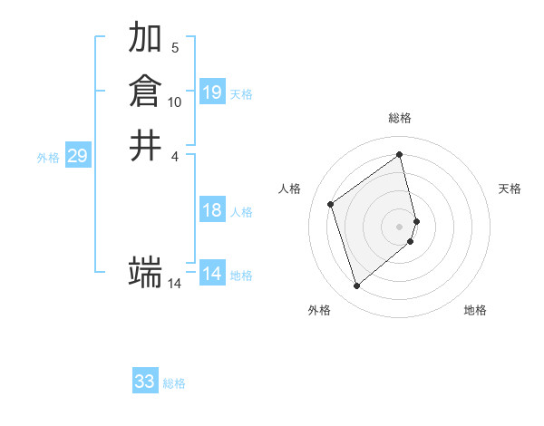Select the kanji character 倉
coord(145,92)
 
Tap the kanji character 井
coord(145,145)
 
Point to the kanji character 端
coord(145,271)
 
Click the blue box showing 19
coord(212,92)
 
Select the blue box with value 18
coord(212,211)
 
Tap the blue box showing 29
coord(77,157)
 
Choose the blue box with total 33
coord(145,382)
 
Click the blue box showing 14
coord(212,275)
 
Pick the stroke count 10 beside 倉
coord(175,102)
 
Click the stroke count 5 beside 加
coord(175,47)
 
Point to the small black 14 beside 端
coord(175,284)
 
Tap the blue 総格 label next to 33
coord(174,383)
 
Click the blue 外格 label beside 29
coord(48,158)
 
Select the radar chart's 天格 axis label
coord(510,189)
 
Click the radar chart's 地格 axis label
coord(475,310)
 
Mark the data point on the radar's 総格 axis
coord(400,154)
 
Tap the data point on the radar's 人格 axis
coord(331,204)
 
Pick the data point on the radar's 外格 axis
coord(356,286)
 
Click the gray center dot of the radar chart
coord(400,225)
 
